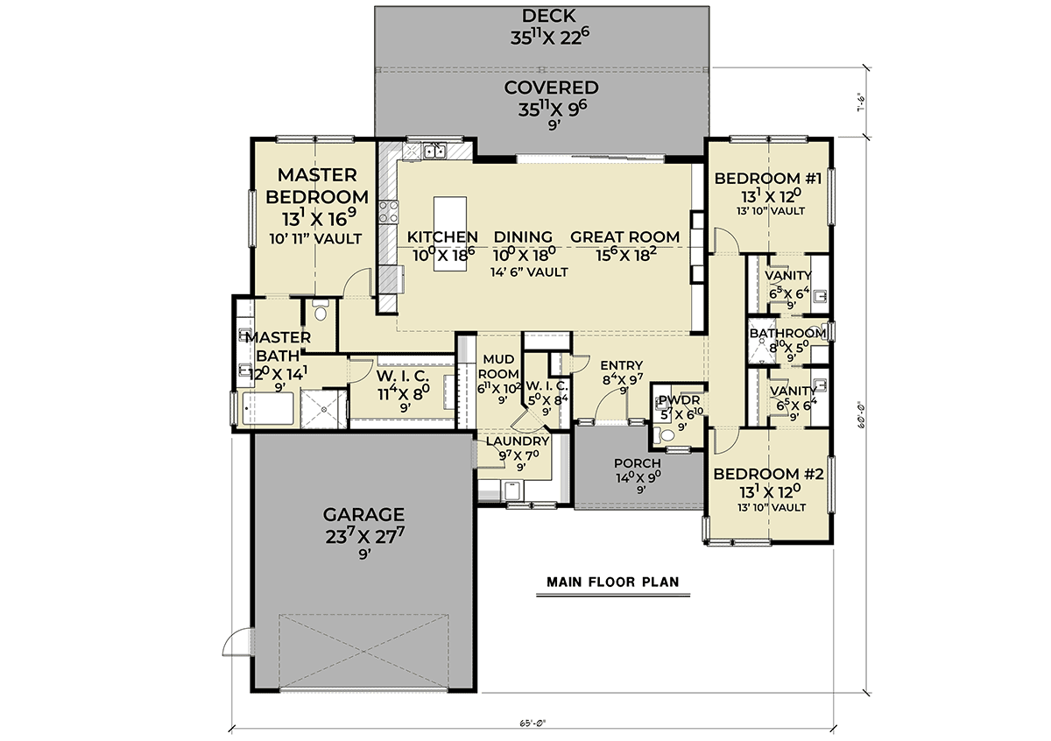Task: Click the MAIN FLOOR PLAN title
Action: click(x=613, y=582)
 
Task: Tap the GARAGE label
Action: click(x=363, y=514)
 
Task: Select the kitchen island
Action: click(x=450, y=234)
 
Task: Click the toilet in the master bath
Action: click(x=321, y=311)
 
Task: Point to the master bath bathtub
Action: click(x=268, y=408)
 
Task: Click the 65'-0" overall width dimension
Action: click(x=533, y=723)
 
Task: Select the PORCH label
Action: click(x=638, y=463)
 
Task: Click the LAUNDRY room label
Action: click(x=518, y=441)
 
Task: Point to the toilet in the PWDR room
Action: click(x=663, y=435)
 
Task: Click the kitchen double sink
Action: click(x=434, y=152)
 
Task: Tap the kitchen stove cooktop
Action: click(x=389, y=212)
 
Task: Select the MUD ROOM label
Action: click(x=498, y=366)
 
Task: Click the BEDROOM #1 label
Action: click(x=767, y=179)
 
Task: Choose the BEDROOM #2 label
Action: click(x=768, y=474)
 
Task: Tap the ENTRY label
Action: click(x=621, y=365)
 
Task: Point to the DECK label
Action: click(x=548, y=16)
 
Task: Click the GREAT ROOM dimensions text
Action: click(x=625, y=255)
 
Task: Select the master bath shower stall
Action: click(x=324, y=409)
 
